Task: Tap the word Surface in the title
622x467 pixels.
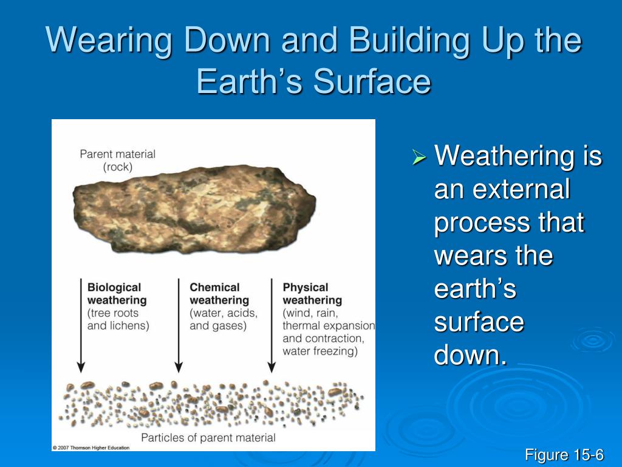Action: click(372, 81)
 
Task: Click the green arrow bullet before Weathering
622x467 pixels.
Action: click(419, 157)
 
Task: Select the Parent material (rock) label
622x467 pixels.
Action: click(117, 160)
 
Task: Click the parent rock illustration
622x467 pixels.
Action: click(194, 209)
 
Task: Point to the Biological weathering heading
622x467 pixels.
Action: click(117, 294)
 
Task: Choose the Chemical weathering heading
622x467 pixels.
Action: click(219, 294)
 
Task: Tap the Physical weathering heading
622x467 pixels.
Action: click(312, 294)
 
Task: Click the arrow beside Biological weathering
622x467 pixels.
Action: click(81, 326)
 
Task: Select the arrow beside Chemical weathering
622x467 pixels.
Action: click(179, 326)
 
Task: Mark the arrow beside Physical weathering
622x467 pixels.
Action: click(272, 326)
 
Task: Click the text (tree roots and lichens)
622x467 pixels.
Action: click(118, 319)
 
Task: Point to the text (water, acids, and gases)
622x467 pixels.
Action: click(224, 319)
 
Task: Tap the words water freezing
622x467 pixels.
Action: click(320, 351)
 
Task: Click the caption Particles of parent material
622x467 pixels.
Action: click(208, 438)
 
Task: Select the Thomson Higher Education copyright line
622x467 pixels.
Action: click(91, 448)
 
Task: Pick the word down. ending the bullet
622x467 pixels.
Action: click(471, 355)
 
